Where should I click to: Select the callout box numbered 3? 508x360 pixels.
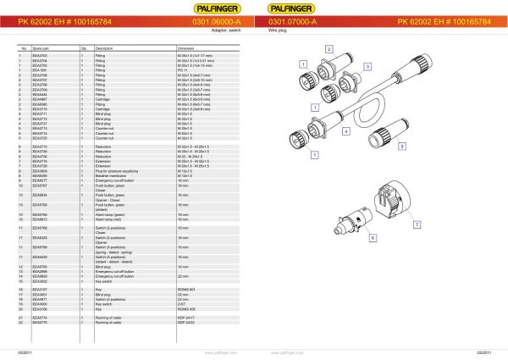click(367, 65)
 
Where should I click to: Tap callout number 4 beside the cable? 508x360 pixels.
click(346, 131)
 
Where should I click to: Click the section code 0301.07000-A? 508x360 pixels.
click(292, 22)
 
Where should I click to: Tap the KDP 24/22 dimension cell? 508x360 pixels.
click(186, 323)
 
